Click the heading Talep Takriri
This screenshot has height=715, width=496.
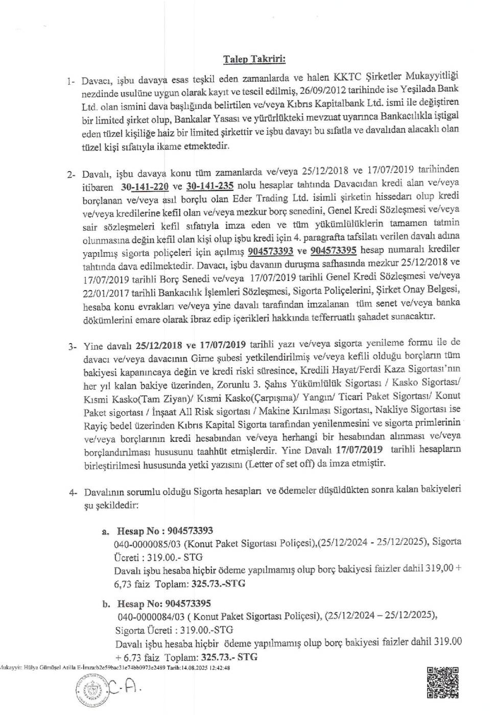254,59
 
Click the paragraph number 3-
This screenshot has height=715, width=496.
73,346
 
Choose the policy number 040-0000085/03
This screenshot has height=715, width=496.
148,544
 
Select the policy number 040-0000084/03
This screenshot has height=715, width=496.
151,617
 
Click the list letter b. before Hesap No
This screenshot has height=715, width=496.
106,604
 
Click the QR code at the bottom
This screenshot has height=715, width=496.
442,683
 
